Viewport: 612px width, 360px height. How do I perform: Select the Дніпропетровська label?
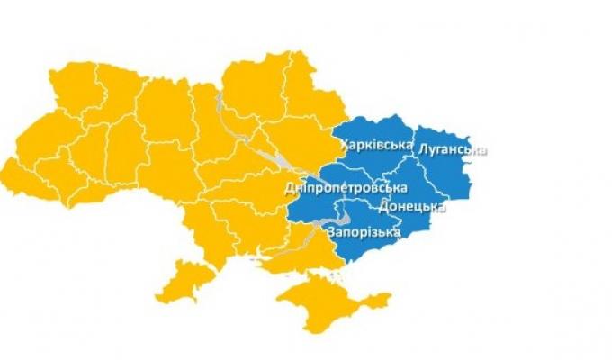[345, 187]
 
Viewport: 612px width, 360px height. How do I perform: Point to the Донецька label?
[413, 206]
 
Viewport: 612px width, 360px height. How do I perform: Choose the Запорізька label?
[364, 233]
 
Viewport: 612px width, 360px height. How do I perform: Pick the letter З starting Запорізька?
[333, 233]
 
